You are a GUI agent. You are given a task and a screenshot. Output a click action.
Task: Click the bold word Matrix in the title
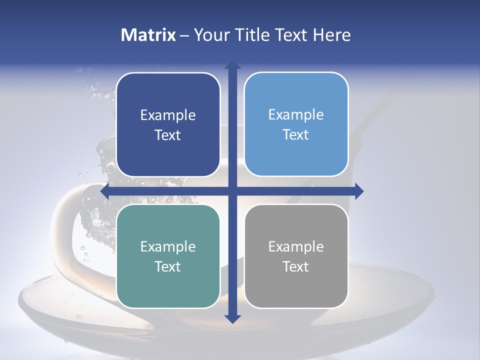(x=148, y=35)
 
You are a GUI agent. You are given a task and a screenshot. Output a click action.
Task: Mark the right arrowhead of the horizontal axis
(x=359, y=191)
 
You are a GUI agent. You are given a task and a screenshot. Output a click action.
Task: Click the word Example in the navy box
(x=168, y=115)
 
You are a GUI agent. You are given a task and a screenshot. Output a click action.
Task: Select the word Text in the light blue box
(x=296, y=135)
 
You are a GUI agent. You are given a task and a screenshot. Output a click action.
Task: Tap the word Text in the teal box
(x=168, y=266)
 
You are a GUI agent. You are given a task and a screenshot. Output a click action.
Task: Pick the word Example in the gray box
(x=296, y=246)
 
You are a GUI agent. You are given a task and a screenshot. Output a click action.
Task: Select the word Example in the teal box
(x=168, y=246)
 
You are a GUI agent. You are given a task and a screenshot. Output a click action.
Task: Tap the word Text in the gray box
(x=296, y=266)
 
